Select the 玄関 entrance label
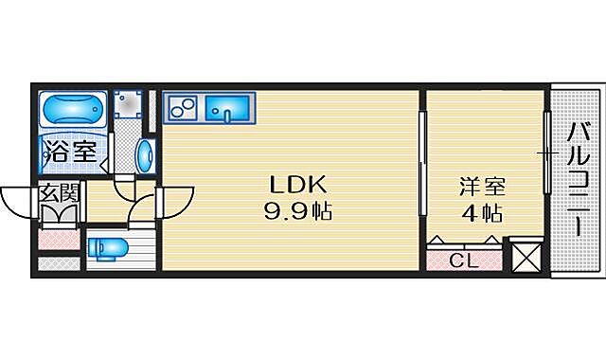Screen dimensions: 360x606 pyautogui.click(x=59, y=195)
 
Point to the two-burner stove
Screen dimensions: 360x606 pyautogui.click(x=182, y=108)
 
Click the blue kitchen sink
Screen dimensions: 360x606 pyautogui.click(x=228, y=109)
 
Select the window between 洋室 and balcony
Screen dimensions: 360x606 pyautogui.click(x=547, y=152)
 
